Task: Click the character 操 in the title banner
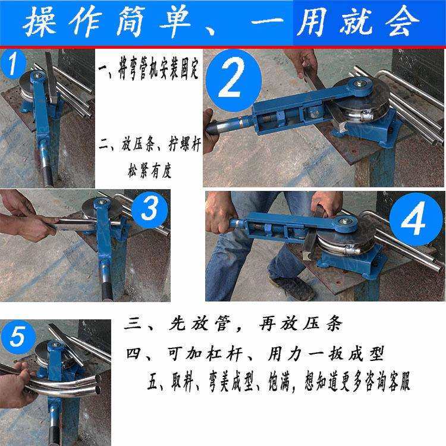(x=42, y=23)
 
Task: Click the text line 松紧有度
(x=149, y=172)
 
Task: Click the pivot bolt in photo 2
(x=361, y=85)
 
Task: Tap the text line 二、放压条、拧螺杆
(x=149, y=145)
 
